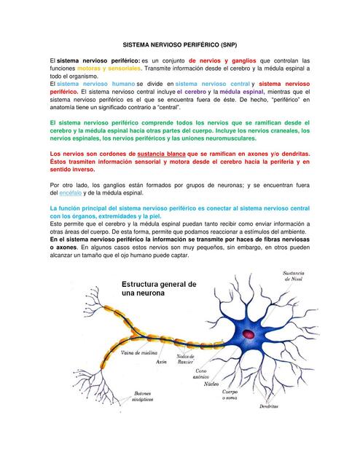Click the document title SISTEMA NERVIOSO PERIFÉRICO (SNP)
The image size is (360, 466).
point(179,43)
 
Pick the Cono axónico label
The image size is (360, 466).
point(208,375)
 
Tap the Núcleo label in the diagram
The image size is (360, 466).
point(213,383)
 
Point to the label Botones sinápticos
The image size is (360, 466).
point(142,397)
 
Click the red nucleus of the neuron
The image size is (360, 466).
point(249,334)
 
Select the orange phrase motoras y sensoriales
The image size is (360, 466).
point(109,68)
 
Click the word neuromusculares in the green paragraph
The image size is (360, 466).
point(227,138)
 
